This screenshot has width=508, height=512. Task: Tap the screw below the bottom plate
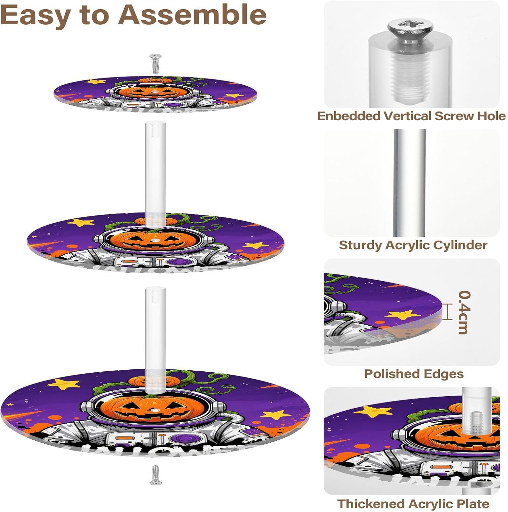point(155,474)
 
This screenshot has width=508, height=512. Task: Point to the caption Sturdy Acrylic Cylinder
point(413,245)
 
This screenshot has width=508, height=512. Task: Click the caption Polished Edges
point(413,374)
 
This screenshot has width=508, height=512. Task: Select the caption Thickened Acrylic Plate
point(413,504)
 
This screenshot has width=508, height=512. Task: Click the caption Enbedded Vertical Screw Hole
point(411,116)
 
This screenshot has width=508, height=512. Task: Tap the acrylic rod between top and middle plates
point(155,167)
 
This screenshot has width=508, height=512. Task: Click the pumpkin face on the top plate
point(155,92)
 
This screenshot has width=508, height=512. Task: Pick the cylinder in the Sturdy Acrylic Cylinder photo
point(410,183)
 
